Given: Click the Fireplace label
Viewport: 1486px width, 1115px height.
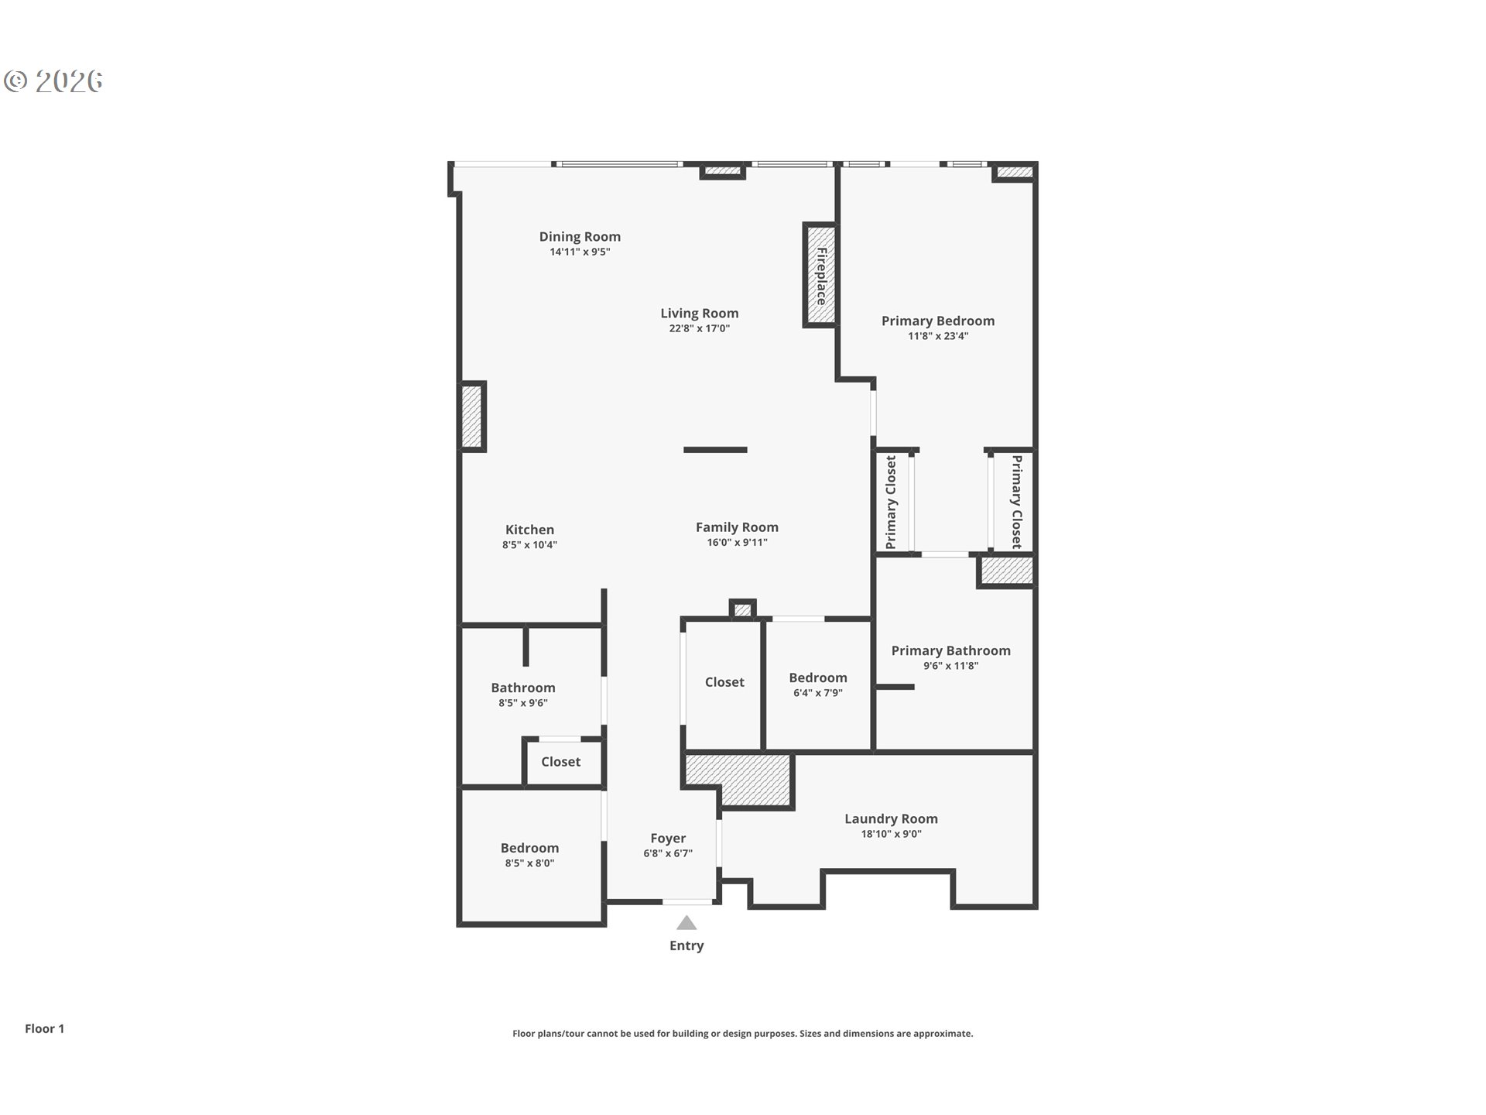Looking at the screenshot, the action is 821,276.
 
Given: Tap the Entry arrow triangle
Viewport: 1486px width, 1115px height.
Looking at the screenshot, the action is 687,922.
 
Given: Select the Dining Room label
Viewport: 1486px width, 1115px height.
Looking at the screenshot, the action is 580,237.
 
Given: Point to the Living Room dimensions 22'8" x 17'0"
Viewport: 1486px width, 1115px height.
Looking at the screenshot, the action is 700,328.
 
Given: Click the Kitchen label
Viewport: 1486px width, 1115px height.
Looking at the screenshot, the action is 529,530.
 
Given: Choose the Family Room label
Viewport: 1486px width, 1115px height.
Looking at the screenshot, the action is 737,527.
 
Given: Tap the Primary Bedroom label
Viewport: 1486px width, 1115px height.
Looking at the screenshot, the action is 938,321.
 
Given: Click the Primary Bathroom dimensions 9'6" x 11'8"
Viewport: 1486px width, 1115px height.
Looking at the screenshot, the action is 950,666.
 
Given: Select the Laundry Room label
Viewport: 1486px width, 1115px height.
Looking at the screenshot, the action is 891,819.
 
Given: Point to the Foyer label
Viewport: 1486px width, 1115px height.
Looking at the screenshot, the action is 668,839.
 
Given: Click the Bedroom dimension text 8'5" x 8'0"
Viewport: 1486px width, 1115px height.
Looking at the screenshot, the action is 529,863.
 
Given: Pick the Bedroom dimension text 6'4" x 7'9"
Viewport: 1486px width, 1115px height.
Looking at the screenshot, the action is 818,693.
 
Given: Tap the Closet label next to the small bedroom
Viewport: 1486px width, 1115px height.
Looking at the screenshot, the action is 724,682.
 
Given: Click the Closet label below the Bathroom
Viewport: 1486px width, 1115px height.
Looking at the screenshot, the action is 560,762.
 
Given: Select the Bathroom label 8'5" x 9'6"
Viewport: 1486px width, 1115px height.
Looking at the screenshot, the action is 523,688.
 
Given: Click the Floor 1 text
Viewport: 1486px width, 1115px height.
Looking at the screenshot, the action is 44,1028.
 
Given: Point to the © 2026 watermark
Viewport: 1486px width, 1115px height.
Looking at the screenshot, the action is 53,81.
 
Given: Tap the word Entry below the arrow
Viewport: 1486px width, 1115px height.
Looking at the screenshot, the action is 687,945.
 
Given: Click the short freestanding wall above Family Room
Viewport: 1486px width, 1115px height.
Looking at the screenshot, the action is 715,450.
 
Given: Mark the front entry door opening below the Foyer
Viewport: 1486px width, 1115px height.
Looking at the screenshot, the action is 687,902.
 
